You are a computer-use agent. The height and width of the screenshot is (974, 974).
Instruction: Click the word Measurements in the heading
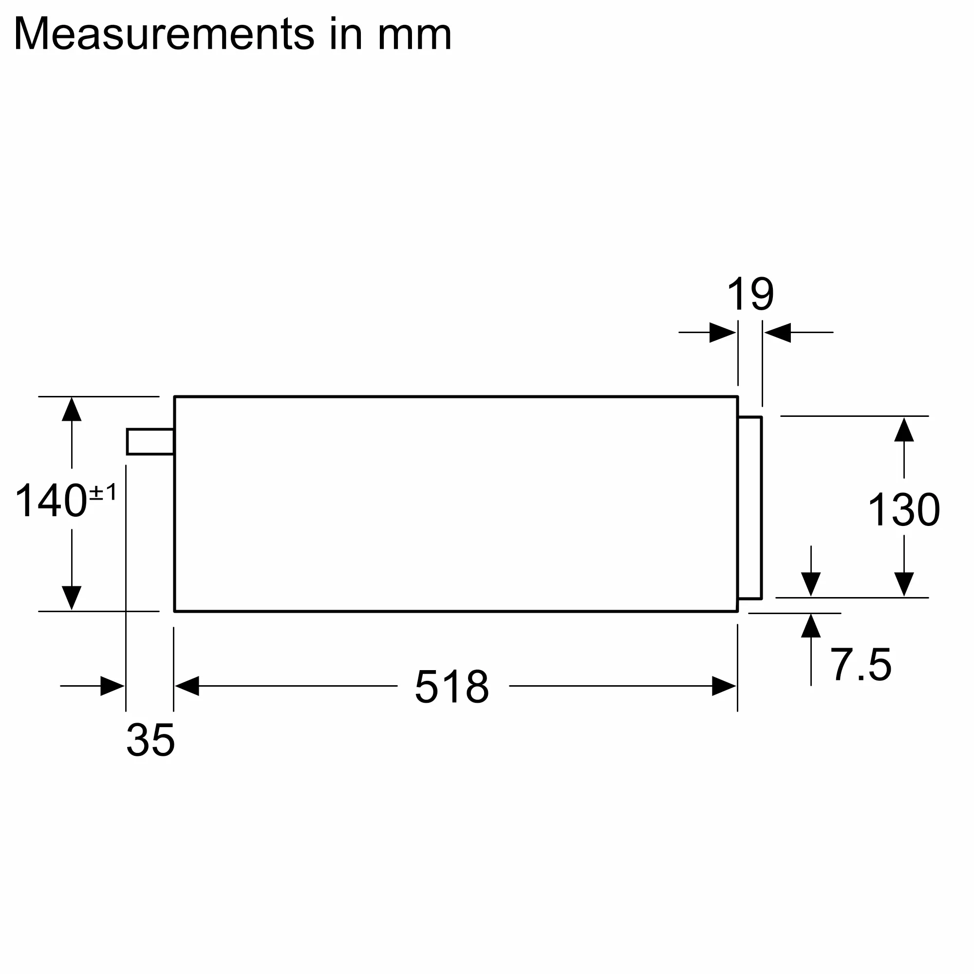pos(164,34)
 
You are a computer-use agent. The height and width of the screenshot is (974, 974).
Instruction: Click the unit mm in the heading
pos(414,35)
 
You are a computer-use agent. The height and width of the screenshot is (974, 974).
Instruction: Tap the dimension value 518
pos(452,686)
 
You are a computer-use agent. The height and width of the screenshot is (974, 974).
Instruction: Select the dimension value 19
pos(750,295)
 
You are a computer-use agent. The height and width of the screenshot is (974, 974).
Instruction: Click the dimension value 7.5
pos(861,665)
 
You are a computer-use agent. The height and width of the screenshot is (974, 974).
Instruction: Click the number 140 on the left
pos(51,501)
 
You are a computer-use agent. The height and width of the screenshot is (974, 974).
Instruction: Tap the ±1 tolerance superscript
pos(103,491)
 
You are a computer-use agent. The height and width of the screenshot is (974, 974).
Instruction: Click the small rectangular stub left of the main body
pos(150,442)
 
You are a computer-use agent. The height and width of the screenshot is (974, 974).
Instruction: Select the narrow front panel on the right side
pos(749,507)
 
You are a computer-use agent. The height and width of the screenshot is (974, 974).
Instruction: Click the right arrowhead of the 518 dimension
pos(724,686)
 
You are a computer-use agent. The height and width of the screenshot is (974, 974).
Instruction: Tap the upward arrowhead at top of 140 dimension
pos(72,410)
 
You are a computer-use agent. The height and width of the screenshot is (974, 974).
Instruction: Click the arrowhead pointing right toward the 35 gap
pos(112,686)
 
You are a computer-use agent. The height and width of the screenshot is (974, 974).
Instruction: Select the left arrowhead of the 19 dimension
pos(722,333)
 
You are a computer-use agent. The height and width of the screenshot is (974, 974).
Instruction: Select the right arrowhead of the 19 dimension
pos(778,333)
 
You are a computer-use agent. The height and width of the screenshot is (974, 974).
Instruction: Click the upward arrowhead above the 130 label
pos(904,430)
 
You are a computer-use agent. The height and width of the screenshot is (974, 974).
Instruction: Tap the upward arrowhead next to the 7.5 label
pos(811,626)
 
